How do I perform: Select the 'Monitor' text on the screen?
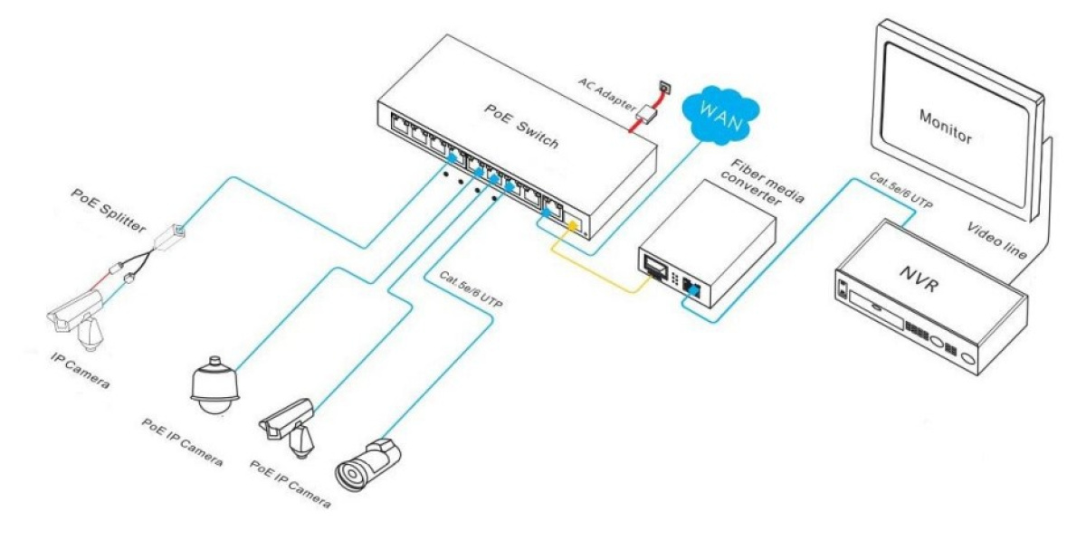[945, 128]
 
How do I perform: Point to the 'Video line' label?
[997, 240]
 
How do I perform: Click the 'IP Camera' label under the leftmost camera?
[80, 371]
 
